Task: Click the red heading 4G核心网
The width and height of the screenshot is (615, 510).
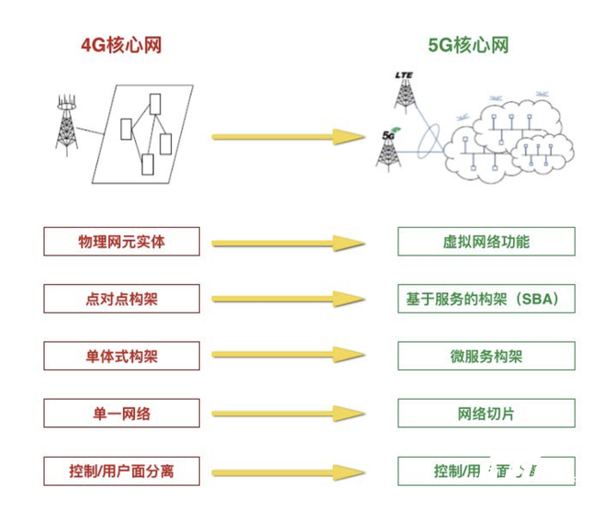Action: click(x=121, y=45)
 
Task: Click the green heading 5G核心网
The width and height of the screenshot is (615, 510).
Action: click(x=468, y=45)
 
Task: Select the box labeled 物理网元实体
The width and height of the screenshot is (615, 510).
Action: click(x=121, y=242)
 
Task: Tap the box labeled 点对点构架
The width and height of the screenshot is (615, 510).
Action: click(x=121, y=299)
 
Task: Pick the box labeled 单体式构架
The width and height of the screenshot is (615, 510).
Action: click(x=121, y=356)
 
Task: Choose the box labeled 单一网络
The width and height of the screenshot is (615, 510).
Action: click(x=121, y=414)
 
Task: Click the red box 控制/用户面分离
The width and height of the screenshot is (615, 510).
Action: click(x=121, y=471)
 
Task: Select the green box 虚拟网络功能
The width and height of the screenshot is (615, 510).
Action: click(x=486, y=242)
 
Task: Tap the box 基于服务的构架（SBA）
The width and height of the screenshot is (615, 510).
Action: click(x=486, y=299)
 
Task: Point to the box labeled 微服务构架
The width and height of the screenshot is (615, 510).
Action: click(x=486, y=356)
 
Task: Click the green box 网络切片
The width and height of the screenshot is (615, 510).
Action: click(x=486, y=414)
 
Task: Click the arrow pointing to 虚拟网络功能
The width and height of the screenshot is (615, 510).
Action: click(x=288, y=244)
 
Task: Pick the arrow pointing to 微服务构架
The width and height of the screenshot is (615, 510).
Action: click(x=288, y=357)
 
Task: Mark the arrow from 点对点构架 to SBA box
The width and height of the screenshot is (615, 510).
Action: click(x=288, y=300)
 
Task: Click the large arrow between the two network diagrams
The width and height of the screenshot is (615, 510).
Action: click(x=288, y=137)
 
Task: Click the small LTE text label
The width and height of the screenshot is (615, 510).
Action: click(x=404, y=74)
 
